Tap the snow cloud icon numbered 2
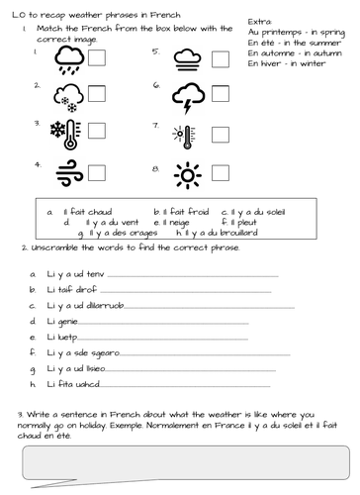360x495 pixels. [x=68, y=97]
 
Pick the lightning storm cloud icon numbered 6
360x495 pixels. [x=187, y=97]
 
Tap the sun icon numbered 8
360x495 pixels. [x=186, y=175]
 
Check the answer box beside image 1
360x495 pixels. [x=97, y=60]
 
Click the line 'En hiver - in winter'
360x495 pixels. [x=286, y=62]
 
